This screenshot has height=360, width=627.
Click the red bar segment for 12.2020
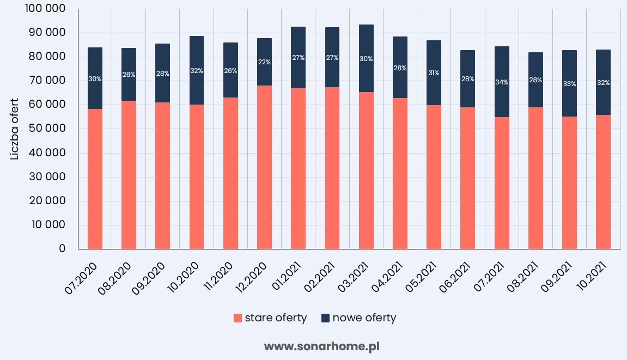[x=264, y=167]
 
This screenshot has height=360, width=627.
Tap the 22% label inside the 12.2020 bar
[x=264, y=62]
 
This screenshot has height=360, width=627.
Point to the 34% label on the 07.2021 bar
[x=502, y=82]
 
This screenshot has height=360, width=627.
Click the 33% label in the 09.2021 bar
[x=569, y=84]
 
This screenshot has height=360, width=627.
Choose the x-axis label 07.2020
[x=82, y=278]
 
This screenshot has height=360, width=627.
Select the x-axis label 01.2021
[x=285, y=278]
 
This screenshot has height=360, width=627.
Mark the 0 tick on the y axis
[x=62, y=249]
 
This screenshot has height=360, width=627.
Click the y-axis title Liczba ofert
[x=15, y=129]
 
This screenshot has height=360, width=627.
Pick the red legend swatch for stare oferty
[x=238, y=318]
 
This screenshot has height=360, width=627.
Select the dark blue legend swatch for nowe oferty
[x=325, y=318]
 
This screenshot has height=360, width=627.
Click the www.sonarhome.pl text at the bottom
[x=321, y=346]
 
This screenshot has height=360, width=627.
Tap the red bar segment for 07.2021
[x=502, y=183]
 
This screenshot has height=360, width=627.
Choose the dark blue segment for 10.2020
[x=197, y=70]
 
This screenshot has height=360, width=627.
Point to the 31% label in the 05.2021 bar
[x=434, y=72]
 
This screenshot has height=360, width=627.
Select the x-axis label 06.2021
[x=454, y=278]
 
